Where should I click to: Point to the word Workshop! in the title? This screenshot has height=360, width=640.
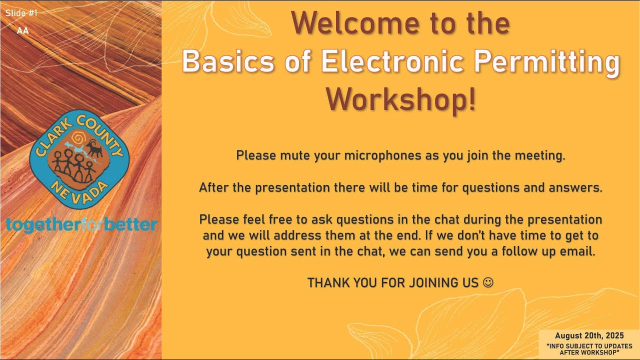click(401, 99)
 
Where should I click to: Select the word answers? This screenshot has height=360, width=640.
click(577, 188)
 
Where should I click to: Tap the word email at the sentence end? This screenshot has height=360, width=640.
click(578, 251)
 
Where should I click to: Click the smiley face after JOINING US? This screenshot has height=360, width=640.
click(488, 282)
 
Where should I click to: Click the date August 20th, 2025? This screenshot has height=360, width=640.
click(589, 336)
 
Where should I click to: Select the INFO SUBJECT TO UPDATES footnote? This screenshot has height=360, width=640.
click(589, 349)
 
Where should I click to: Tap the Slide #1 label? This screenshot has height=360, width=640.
click(21, 13)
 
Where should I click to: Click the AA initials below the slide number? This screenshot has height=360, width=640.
click(22, 30)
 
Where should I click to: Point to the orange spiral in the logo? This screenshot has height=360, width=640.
click(77, 137)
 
